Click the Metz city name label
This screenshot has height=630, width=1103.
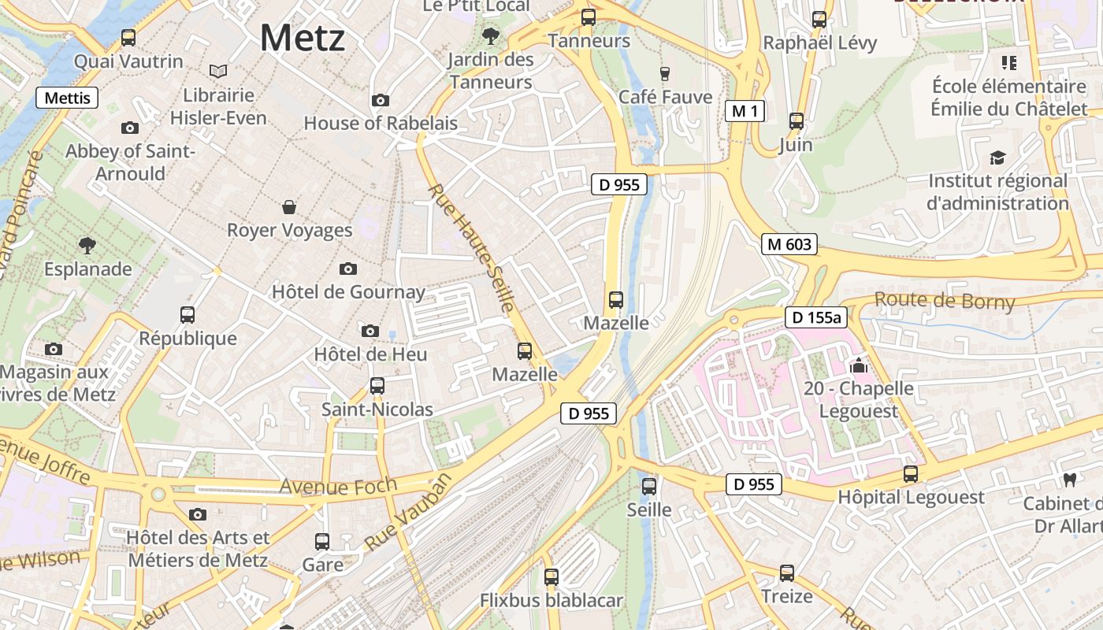[x=303, y=38]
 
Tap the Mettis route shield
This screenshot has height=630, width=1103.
[x=68, y=98]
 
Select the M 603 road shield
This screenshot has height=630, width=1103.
[x=789, y=244]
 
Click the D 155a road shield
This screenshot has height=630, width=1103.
[x=815, y=317]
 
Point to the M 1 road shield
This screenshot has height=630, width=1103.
[x=745, y=111]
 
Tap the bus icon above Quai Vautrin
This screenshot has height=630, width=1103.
[x=128, y=37]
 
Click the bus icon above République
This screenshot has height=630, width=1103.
[x=188, y=315]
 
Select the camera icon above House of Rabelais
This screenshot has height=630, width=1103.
[x=381, y=100]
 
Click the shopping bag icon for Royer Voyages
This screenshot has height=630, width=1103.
[x=289, y=207]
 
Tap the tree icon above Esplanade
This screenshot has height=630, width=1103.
[x=87, y=246]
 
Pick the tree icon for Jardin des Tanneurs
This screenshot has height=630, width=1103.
[x=491, y=35]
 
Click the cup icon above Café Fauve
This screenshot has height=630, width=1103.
[x=665, y=74]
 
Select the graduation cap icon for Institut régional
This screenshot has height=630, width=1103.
[x=998, y=157]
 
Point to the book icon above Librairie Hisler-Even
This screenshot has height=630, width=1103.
[x=218, y=72]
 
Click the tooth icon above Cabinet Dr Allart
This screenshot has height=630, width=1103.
[x=1070, y=479]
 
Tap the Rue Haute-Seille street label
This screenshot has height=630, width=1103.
[x=471, y=247]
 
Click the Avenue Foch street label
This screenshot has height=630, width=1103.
[x=338, y=485]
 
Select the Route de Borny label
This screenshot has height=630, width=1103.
[x=944, y=300]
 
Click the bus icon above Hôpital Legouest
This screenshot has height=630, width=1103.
[x=911, y=474]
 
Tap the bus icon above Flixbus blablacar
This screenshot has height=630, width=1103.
[x=551, y=577]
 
